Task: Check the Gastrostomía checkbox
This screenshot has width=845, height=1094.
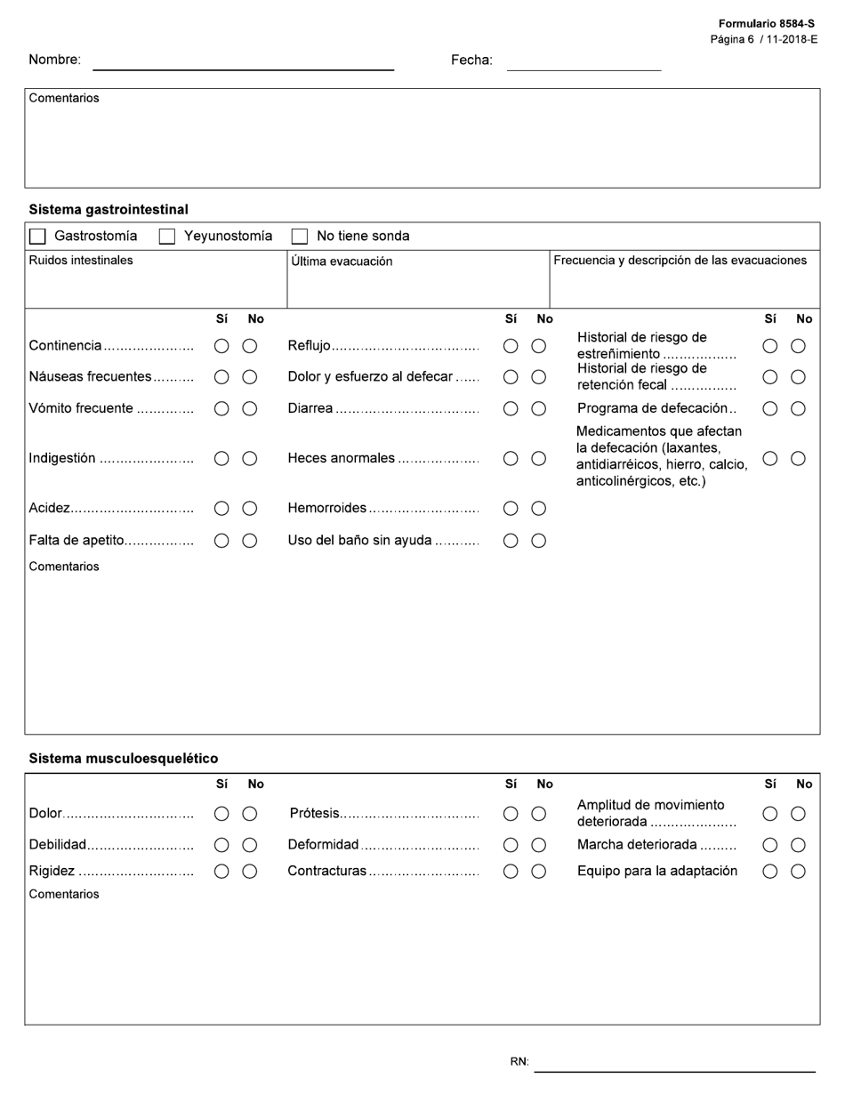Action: (37, 237)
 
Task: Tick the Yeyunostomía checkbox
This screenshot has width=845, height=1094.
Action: (167, 237)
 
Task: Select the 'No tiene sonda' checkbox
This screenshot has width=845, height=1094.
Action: (300, 237)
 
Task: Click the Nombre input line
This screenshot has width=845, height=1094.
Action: (243, 61)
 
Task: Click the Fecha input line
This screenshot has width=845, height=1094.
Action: (583, 61)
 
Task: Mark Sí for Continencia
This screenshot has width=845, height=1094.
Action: (221, 346)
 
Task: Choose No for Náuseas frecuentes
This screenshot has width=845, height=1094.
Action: (250, 377)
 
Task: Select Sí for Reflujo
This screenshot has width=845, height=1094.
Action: (511, 346)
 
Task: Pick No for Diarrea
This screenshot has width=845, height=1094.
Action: (539, 409)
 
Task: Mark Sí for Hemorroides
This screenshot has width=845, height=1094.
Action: (511, 509)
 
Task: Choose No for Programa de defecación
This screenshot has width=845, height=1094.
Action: (799, 409)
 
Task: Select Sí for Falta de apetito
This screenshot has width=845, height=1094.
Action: (221, 541)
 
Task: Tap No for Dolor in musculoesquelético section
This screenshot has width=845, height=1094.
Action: (250, 814)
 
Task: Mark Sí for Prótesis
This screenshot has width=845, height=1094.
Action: (511, 814)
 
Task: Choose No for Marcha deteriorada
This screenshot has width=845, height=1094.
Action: (799, 845)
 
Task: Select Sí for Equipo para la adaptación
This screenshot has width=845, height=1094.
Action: (770, 872)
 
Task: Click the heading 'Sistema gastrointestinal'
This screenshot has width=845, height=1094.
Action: (109, 210)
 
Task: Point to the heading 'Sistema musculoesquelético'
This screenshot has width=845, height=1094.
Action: (124, 759)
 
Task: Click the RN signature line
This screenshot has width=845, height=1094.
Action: (674, 1063)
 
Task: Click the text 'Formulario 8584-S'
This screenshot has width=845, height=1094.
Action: (766, 24)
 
